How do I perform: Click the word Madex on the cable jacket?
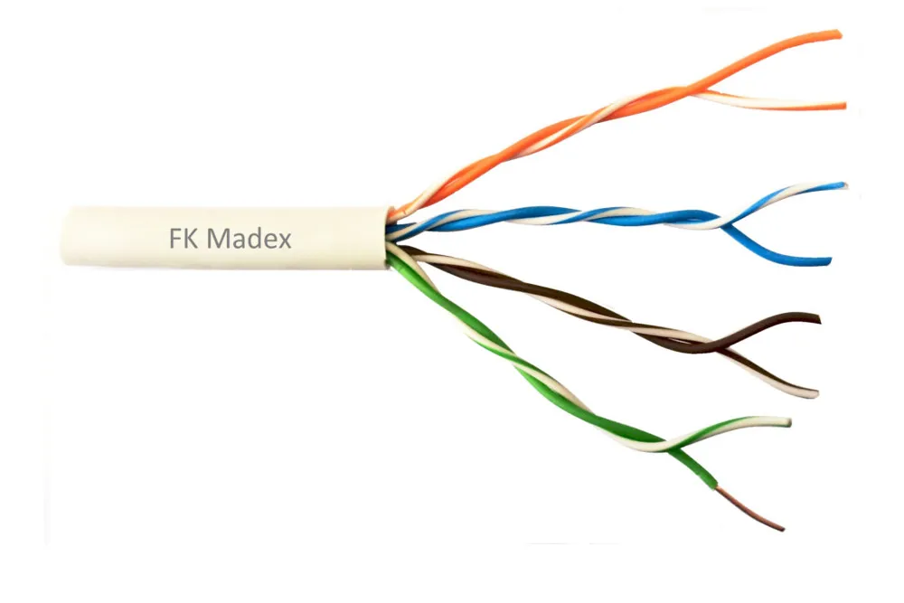249,238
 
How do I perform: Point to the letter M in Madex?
217,238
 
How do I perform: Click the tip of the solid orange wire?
840,34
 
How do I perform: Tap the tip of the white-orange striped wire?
844,106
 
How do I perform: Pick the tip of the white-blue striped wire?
844,185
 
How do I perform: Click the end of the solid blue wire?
830,261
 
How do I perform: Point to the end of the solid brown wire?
818,319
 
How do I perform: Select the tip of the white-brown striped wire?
815,394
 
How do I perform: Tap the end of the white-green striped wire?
788,422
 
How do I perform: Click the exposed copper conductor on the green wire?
750,508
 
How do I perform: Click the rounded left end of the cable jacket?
65,236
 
